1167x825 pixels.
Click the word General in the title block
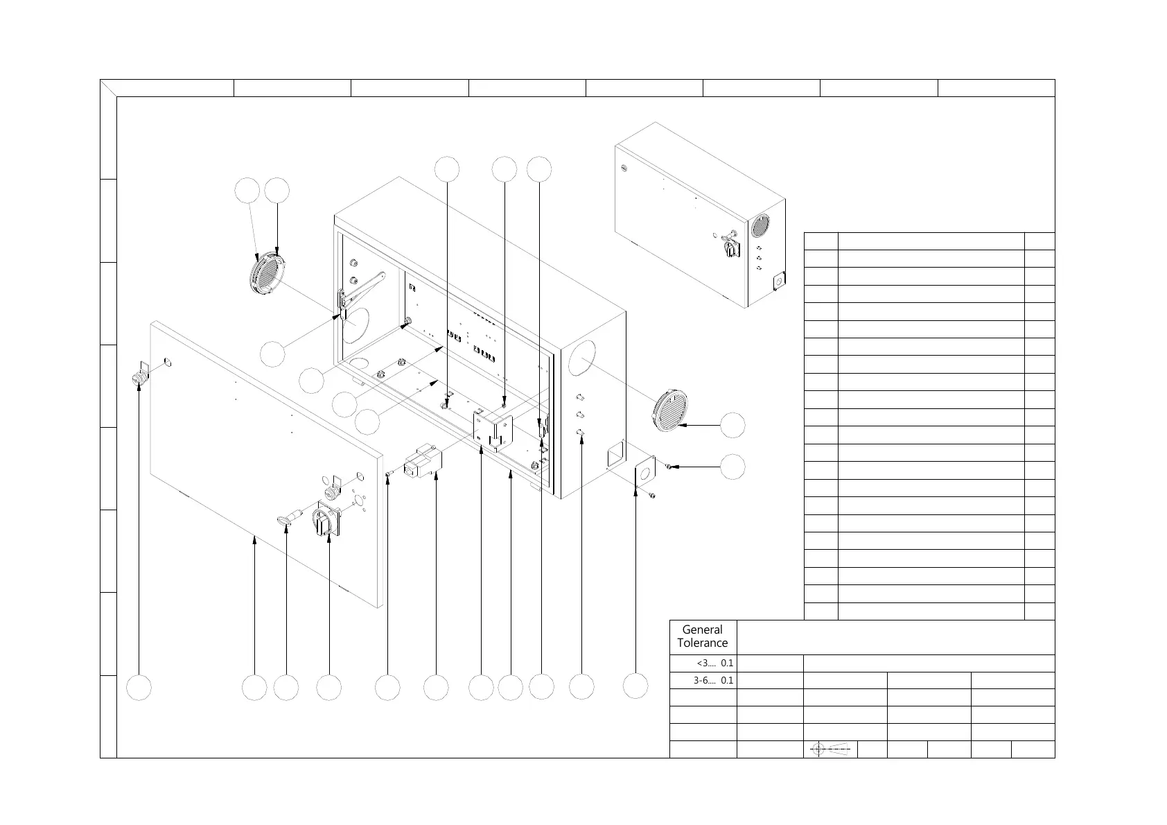point(702,629)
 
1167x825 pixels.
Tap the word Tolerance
point(702,643)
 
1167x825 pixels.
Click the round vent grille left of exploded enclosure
point(266,275)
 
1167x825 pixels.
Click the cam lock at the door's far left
point(139,376)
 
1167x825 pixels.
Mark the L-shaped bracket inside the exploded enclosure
point(493,430)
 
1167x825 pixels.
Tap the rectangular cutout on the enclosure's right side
point(615,457)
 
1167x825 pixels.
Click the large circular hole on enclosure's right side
point(582,358)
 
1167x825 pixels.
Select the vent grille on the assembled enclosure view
point(761,227)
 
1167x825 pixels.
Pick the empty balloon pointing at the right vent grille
point(732,425)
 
